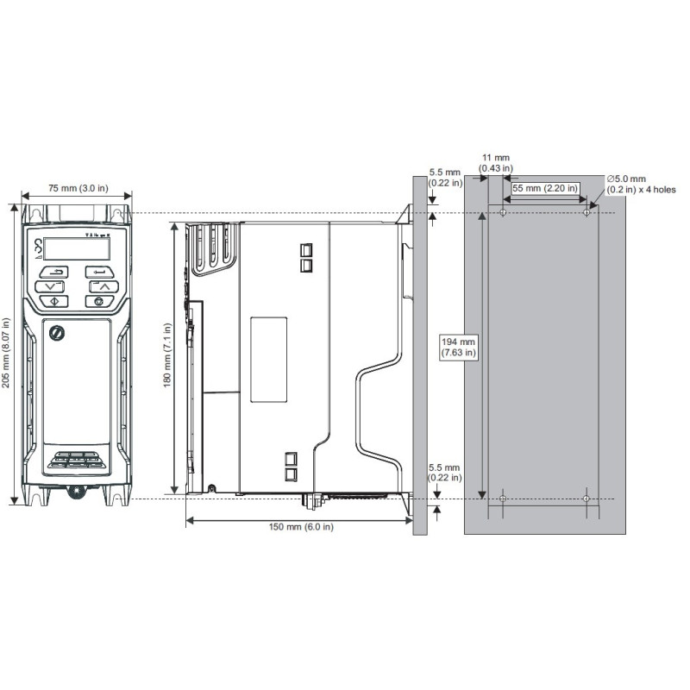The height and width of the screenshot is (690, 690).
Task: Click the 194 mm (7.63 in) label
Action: tap(458, 347)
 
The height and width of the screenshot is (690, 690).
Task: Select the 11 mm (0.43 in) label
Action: tap(497, 163)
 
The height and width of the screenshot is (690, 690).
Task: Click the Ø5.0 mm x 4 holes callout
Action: tap(641, 184)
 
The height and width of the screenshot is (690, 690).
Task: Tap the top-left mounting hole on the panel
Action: tap(504, 212)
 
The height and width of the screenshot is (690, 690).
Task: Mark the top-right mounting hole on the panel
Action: tap(586, 212)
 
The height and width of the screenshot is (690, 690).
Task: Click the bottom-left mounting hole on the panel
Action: tap(504, 499)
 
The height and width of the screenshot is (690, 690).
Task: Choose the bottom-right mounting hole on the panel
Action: tap(586, 499)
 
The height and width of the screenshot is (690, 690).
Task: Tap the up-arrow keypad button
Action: tap(102, 285)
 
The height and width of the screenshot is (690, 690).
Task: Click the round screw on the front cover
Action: tap(58, 332)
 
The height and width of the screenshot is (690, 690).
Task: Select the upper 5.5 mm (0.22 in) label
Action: tap(445, 177)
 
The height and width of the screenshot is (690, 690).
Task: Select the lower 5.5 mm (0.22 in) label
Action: tap(445, 473)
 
